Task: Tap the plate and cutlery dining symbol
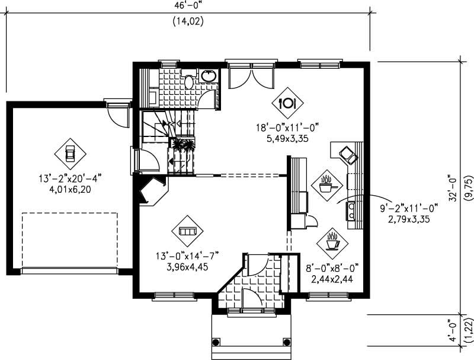287,102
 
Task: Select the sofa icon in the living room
187,231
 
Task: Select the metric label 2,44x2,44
332,278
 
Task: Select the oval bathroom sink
209,76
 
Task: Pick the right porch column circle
287,342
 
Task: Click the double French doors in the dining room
251,78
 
